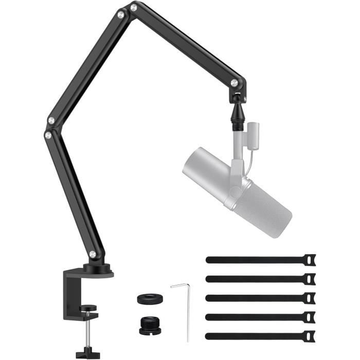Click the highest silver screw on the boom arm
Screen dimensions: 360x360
[133, 8]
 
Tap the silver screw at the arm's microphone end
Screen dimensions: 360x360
[235, 82]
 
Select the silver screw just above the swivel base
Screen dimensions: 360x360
[92, 254]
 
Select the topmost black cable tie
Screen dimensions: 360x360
[257, 260]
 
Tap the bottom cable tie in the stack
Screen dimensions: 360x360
[257, 336]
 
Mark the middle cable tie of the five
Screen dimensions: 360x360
[257, 298]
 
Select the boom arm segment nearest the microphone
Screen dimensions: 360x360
[185, 44]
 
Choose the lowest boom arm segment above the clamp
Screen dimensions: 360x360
[72, 195]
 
